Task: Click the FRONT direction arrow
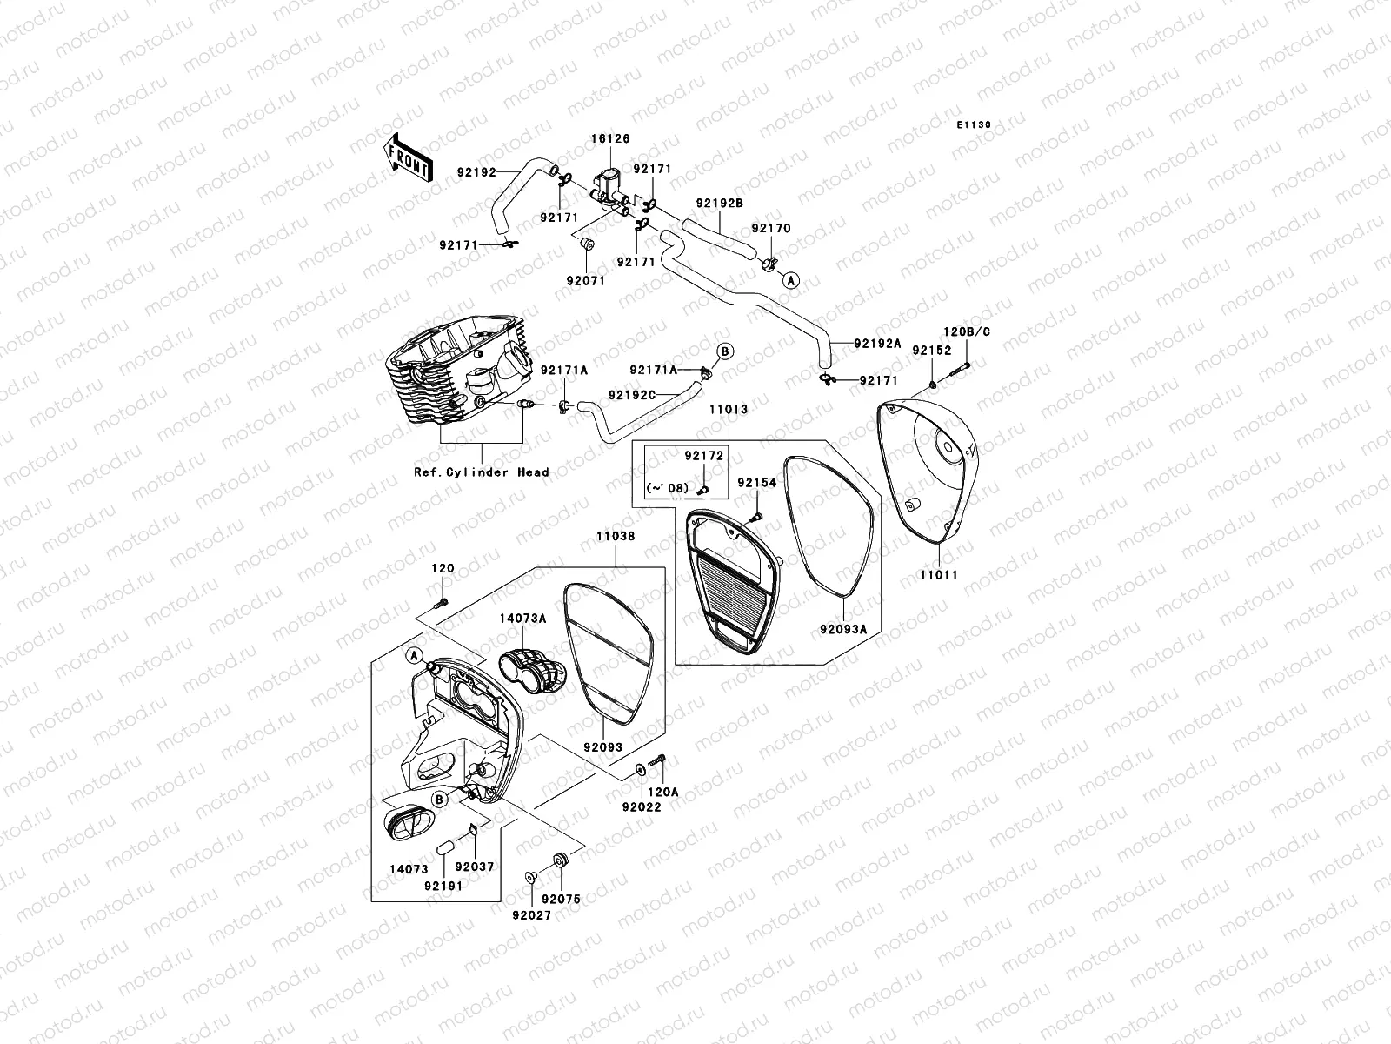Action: (407, 158)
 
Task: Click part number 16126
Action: (611, 138)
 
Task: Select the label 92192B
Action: (719, 203)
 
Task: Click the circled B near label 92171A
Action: (725, 351)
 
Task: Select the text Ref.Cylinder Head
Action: (481, 472)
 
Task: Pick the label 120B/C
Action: (967, 331)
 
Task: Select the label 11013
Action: (728, 408)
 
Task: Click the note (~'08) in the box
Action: (667, 488)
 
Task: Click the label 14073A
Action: (522, 619)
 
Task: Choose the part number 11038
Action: (616, 537)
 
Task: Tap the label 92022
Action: (642, 807)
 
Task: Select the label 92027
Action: (531, 915)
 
